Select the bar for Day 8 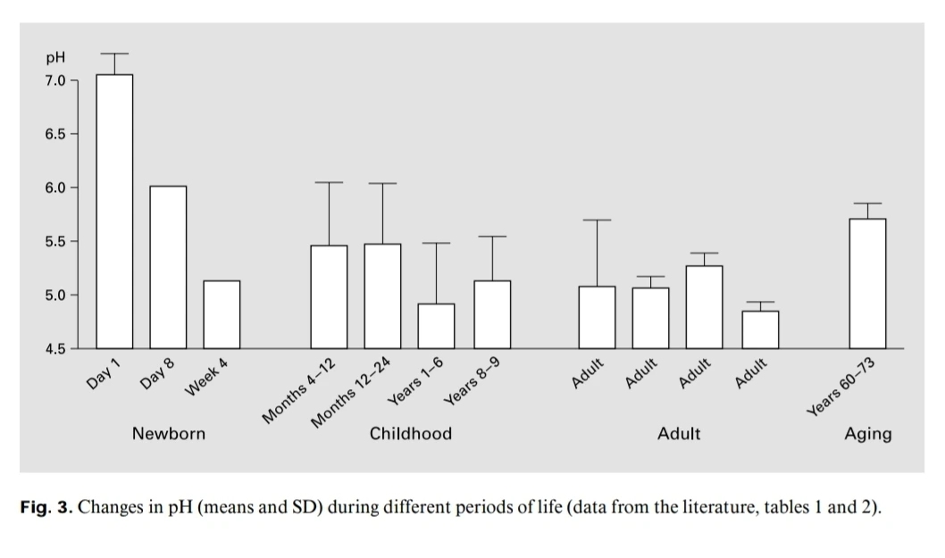pyautogui.click(x=168, y=267)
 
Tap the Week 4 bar pyautogui.click(x=222, y=314)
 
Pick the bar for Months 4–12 pyautogui.click(x=329, y=296)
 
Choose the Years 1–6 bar pyautogui.click(x=436, y=326)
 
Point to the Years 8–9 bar pyautogui.click(x=492, y=314)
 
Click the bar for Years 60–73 pyautogui.click(x=867, y=283)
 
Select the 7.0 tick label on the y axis pyautogui.click(x=55, y=80)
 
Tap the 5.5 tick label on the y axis pyautogui.click(x=55, y=241)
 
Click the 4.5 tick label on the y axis pyautogui.click(x=55, y=348)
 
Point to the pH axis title pyautogui.click(x=55, y=59)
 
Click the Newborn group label pyautogui.click(x=169, y=434)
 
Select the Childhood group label pyautogui.click(x=411, y=434)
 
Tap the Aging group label pyautogui.click(x=868, y=434)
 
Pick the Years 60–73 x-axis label pyautogui.click(x=840, y=387)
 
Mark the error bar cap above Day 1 pyautogui.click(x=114, y=54)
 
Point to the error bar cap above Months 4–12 pyautogui.click(x=329, y=182)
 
